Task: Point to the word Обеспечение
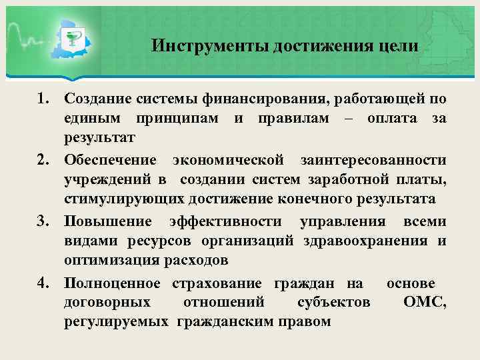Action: point(111,161)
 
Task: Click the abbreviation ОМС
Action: point(425,302)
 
